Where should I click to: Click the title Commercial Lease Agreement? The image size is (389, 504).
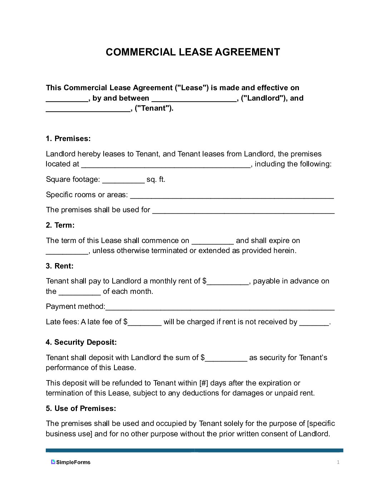click(x=193, y=52)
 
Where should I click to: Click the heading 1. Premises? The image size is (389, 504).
click(x=68, y=139)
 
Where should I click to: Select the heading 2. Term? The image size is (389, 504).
click(x=60, y=225)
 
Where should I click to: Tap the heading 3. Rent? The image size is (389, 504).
click(x=59, y=266)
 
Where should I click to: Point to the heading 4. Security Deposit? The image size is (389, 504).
click(x=81, y=342)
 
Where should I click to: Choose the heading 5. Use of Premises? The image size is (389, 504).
click(x=81, y=408)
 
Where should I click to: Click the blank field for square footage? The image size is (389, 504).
click(x=123, y=180)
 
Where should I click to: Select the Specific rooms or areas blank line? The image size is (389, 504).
click(x=232, y=196)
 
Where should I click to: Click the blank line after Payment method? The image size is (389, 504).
click(x=220, y=307)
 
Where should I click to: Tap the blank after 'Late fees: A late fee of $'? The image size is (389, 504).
click(x=144, y=323)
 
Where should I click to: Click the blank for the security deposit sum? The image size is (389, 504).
click(x=226, y=359)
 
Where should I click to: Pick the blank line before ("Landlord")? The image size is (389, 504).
click(x=194, y=99)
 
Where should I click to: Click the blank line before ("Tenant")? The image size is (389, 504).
click(x=88, y=109)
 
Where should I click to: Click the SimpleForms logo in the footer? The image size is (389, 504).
click(x=71, y=462)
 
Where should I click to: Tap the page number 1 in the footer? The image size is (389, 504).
click(x=338, y=462)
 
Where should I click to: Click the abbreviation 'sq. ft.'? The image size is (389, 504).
click(x=156, y=179)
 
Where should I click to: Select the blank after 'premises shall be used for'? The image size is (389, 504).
click(x=243, y=211)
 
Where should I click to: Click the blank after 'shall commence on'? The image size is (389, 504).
click(x=212, y=242)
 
